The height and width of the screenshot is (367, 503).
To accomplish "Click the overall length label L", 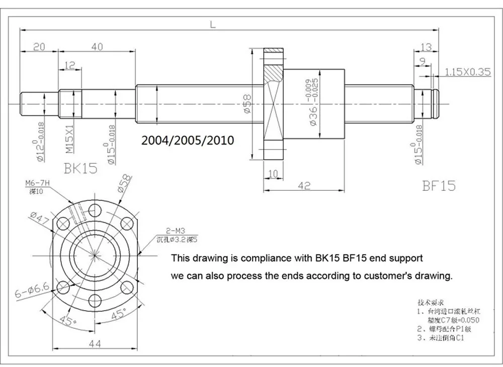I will (x=213, y=24).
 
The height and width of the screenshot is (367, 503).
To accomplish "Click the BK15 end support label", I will (x=81, y=168).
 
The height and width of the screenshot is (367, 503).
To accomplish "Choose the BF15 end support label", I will (x=439, y=186).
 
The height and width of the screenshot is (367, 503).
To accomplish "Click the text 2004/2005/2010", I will (x=188, y=140).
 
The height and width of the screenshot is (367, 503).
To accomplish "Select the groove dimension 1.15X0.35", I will (x=467, y=72).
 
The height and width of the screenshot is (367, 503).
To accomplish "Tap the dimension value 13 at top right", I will (x=426, y=47).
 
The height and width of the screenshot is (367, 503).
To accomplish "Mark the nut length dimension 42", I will (x=303, y=185).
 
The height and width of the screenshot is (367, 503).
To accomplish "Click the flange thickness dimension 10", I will (x=273, y=174).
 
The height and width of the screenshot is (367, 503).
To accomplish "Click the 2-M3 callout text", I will (x=165, y=231).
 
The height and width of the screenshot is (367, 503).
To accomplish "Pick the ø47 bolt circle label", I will (x=38, y=219).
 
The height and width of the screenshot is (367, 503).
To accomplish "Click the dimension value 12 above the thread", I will (x=69, y=64).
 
